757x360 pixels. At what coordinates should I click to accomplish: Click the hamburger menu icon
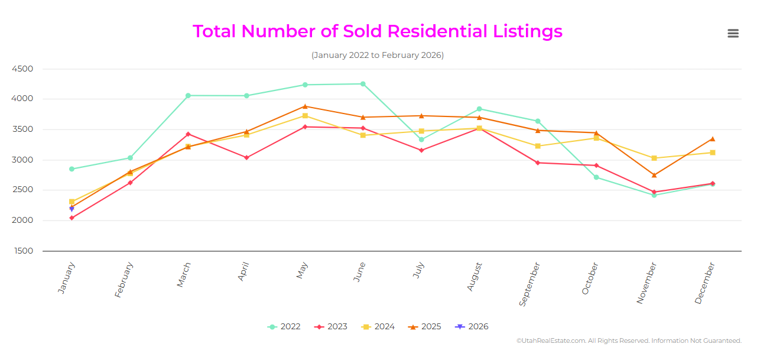tap(733, 34)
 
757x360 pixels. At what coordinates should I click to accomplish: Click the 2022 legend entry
tap(284, 327)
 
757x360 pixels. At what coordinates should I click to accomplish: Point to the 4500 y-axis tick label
tap(22, 69)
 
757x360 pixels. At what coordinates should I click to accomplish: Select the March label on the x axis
tap(184, 275)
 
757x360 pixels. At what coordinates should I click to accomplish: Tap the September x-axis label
tap(529, 284)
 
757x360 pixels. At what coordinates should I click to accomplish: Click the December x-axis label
tap(705, 283)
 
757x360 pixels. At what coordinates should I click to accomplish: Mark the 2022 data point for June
tap(363, 84)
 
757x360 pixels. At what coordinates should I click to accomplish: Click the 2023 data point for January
tap(72, 218)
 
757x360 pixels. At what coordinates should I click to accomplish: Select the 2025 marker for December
tap(713, 139)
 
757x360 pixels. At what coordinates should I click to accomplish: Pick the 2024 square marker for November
tap(654, 158)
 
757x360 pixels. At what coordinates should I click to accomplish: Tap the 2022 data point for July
tap(421, 140)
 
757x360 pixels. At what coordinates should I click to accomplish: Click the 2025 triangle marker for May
tap(305, 106)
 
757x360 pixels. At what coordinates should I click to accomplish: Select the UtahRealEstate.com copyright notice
tap(629, 341)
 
